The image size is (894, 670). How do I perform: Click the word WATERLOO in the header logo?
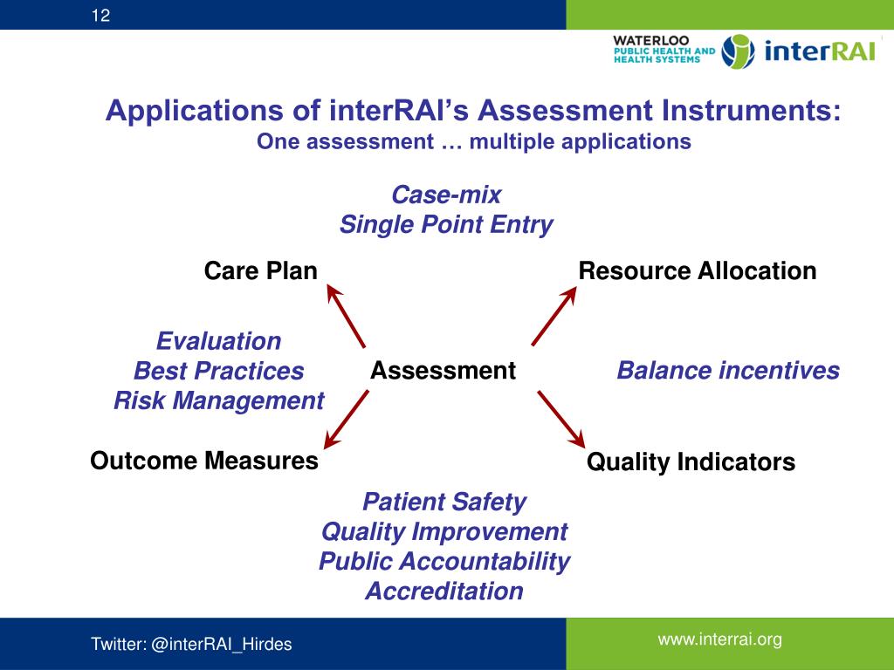pos(650,40)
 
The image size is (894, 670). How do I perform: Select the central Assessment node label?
pos(443,371)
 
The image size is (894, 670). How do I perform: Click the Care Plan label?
pos(260,270)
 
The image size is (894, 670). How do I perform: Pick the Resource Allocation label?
pos(697,270)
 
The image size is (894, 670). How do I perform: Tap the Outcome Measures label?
pos(203,461)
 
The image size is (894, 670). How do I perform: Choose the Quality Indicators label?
pos(691,462)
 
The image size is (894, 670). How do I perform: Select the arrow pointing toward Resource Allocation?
pos(554,316)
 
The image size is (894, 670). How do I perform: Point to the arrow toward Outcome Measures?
pos(346,419)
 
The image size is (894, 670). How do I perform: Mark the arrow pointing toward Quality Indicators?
pos(560,419)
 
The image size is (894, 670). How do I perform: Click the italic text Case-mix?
pos(446,195)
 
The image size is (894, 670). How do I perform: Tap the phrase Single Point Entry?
pos(446,225)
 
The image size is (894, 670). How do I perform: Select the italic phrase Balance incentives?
pos(728,371)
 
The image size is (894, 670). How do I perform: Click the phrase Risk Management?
pos(218,401)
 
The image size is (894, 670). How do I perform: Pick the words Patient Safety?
pos(444,502)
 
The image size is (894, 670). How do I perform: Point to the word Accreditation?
pos(444,591)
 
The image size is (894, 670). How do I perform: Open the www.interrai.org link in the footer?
pos(719,640)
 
